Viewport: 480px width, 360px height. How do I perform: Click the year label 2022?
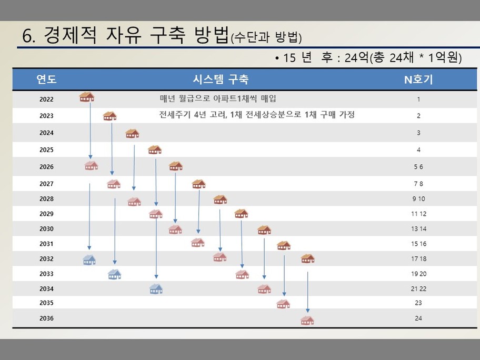click(46, 99)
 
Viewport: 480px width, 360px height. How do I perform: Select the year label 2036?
click(46, 318)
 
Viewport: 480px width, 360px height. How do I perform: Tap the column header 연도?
click(46, 79)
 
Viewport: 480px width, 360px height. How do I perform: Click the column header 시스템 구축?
click(221, 79)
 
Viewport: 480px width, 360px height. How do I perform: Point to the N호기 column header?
click(418, 79)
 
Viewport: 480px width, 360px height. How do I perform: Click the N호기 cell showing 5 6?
click(418, 167)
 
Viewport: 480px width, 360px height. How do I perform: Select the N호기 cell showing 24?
click(418, 318)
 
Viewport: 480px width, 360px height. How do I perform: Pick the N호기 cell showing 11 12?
click(418, 214)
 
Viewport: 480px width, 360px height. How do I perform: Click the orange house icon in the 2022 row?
click(87, 97)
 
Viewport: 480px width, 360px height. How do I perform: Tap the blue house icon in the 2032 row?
click(89, 260)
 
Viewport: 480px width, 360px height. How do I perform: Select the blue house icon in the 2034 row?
click(156, 288)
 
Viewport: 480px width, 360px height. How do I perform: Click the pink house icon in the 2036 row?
click(307, 320)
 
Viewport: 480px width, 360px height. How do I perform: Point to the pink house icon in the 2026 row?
click(91, 165)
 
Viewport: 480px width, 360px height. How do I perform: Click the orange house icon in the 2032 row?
click(308, 258)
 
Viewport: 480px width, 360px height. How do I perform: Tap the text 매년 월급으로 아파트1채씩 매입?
click(218, 98)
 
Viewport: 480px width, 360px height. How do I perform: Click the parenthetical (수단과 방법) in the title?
click(266, 37)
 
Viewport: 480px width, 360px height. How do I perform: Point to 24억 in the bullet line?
click(357, 57)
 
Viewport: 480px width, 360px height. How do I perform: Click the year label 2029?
click(46, 214)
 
